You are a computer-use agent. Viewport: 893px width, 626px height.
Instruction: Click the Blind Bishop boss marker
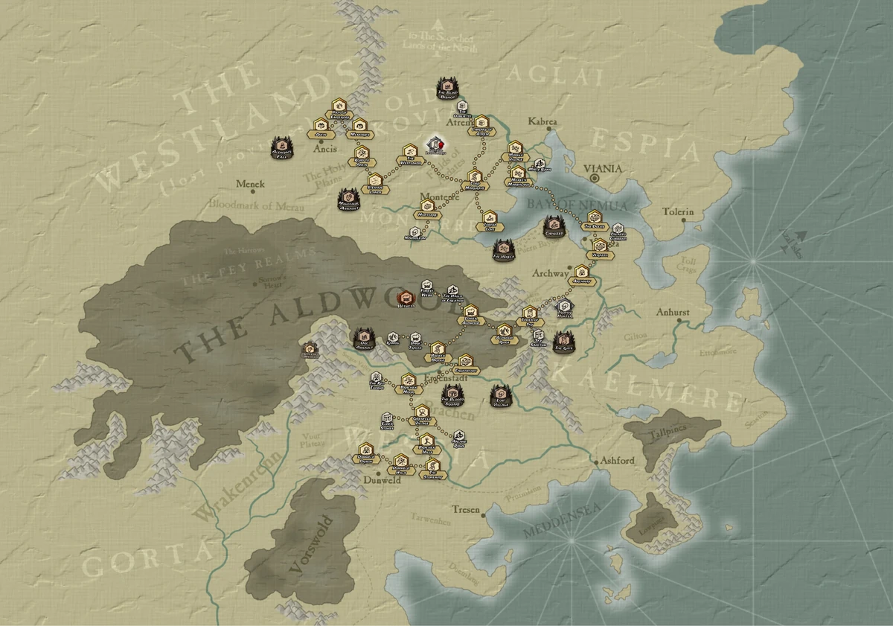[x=447, y=88]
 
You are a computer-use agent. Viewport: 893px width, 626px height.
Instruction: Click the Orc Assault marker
[x=364, y=339]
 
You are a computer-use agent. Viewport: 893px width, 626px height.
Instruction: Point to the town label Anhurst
[x=674, y=313]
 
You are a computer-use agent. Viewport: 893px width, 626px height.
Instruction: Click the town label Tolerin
[x=678, y=212]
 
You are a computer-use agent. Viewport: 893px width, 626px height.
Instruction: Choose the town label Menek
[x=250, y=183]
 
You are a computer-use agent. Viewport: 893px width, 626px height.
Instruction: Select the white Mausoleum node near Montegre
[x=416, y=234]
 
